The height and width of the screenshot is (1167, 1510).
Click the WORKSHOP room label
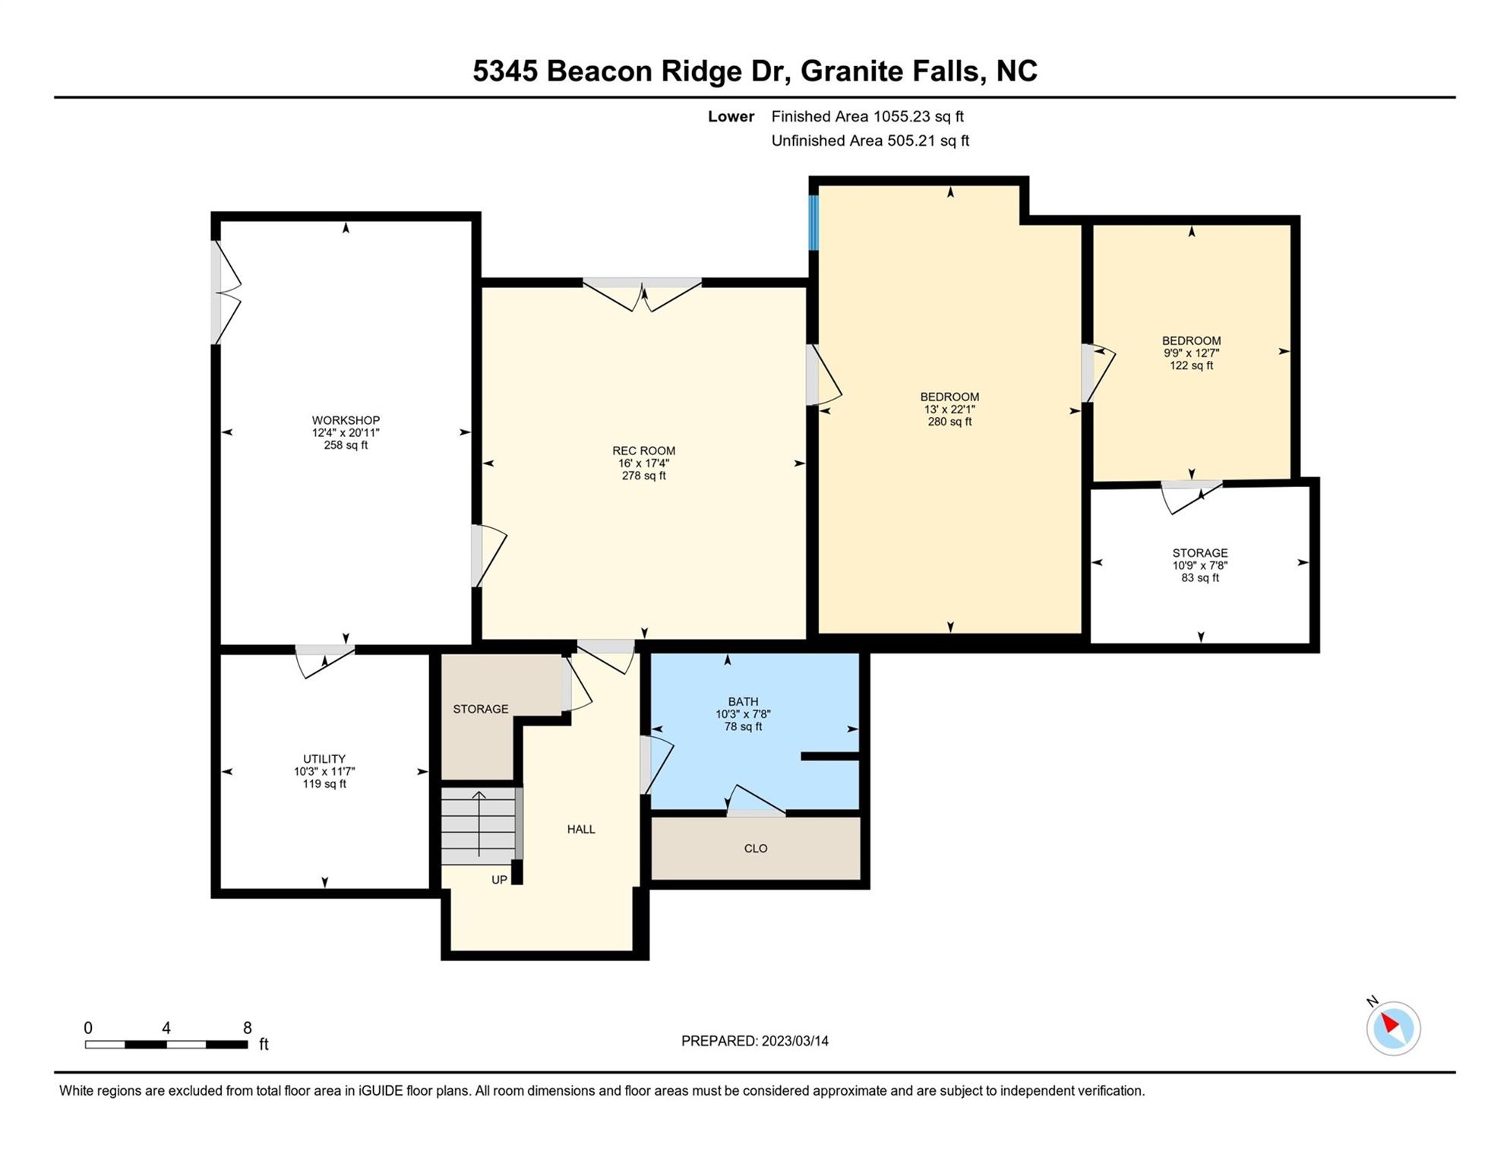click(346, 420)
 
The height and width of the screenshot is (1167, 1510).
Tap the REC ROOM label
click(644, 451)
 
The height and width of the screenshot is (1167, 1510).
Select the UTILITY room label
click(324, 759)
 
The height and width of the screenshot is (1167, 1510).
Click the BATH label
click(743, 702)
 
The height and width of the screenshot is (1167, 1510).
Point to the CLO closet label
click(756, 849)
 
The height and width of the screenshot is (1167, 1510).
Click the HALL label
click(581, 830)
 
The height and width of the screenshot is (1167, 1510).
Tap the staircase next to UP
click(479, 826)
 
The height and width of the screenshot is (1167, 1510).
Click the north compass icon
click(1393, 1028)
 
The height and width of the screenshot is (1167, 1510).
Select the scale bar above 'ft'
click(166, 1045)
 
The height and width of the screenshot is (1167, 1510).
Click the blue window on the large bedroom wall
click(813, 223)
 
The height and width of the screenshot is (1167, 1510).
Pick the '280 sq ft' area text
click(949, 422)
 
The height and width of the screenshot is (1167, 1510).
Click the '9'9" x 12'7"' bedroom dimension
click(1192, 353)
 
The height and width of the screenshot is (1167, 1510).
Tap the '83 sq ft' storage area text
click(1200, 578)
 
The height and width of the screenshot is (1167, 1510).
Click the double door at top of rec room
click(643, 295)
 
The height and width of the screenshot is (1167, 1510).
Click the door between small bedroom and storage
click(1191, 497)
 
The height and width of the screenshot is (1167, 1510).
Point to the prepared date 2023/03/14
click(755, 1042)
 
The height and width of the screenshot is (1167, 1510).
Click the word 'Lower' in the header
click(731, 117)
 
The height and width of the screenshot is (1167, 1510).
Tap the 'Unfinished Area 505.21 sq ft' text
click(870, 141)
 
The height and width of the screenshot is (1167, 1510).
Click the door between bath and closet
click(756, 801)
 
